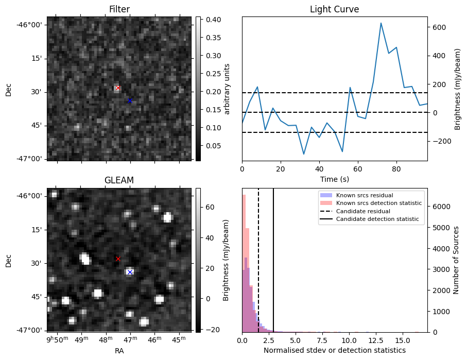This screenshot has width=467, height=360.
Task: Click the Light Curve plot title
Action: click(x=334, y=9)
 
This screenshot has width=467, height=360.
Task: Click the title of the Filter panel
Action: click(x=119, y=9)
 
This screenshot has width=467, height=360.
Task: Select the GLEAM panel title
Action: click(x=119, y=180)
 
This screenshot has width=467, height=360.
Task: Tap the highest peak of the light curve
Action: click(x=381, y=23)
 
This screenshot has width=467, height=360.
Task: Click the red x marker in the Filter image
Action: click(x=118, y=88)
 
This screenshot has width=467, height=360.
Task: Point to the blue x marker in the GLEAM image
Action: click(x=130, y=272)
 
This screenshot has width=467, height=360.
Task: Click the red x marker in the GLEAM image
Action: click(x=118, y=259)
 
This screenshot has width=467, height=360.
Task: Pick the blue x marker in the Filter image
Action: click(x=130, y=101)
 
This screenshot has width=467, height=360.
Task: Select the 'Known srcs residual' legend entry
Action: click(x=364, y=195)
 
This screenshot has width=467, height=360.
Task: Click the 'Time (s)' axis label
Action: click(x=334, y=178)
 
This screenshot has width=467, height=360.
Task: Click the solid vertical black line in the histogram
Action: click(x=273, y=258)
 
